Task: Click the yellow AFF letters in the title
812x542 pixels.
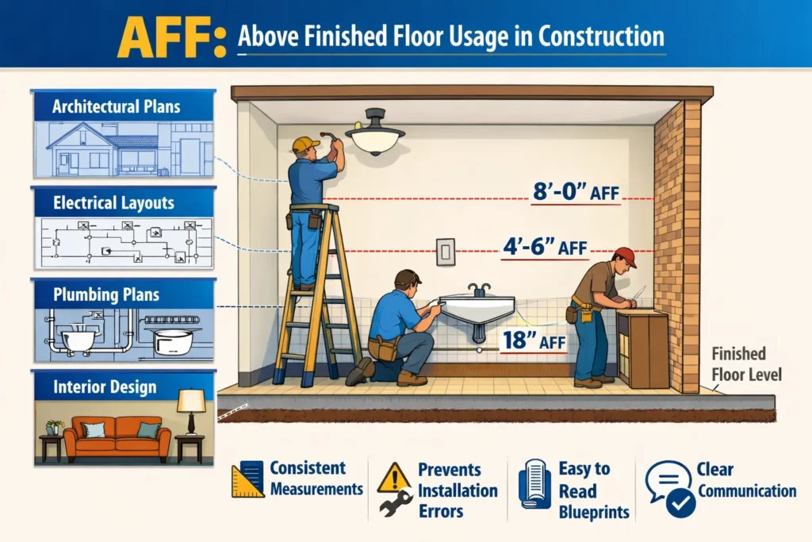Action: click(171, 37)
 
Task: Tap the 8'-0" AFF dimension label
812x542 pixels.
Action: click(576, 192)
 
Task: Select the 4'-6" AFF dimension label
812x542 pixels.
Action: click(545, 247)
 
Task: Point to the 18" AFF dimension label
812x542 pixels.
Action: click(534, 341)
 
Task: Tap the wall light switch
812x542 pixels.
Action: click(446, 252)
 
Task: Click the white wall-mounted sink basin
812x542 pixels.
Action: click(477, 309)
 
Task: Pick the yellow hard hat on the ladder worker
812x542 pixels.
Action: click(305, 144)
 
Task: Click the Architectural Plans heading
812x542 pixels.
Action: click(116, 107)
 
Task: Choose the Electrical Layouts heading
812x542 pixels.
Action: click(113, 202)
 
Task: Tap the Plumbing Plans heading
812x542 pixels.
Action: click(106, 294)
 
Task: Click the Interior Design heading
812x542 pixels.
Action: click(105, 386)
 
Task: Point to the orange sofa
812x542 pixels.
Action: click(117, 438)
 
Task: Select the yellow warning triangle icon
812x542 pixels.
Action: click(393, 478)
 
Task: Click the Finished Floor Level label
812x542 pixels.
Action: click(746, 364)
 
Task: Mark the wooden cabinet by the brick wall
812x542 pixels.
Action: click(642, 349)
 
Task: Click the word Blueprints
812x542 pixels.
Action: click(594, 512)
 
